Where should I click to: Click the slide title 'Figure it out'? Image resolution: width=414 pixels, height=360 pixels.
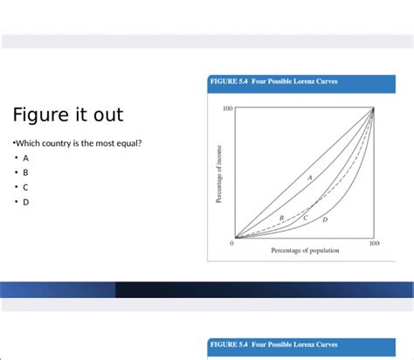pyautogui.click(x=68, y=114)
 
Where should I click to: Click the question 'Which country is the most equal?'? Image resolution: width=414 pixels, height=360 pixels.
pyautogui.click(x=78, y=142)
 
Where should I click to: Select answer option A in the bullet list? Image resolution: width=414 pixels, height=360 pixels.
pyautogui.click(x=26, y=158)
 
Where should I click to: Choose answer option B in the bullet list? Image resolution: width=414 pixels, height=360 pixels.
pyautogui.click(x=26, y=173)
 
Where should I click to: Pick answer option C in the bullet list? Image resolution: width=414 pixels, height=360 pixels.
pyautogui.click(x=26, y=187)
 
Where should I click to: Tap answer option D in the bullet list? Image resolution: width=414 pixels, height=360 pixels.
pyautogui.click(x=26, y=202)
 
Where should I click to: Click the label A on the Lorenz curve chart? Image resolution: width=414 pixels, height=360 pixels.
pyautogui.click(x=309, y=177)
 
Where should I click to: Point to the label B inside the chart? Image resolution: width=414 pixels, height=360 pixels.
pyautogui.click(x=281, y=217)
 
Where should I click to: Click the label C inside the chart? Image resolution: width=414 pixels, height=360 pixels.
pyautogui.click(x=306, y=217)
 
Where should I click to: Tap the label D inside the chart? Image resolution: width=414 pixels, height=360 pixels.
pyautogui.click(x=325, y=220)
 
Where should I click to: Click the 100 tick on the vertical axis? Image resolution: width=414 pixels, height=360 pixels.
pyautogui.click(x=227, y=109)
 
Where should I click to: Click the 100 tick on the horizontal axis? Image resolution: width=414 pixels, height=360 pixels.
pyautogui.click(x=374, y=244)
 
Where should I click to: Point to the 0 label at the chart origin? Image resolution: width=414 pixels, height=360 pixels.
pyautogui.click(x=231, y=244)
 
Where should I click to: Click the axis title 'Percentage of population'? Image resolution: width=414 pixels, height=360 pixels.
pyautogui.click(x=305, y=251)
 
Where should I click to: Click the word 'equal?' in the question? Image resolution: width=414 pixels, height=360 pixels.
pyautogui.click(x=127, y=142)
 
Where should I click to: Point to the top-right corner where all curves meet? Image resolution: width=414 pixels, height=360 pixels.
pyautogui.click(x=374, y=108)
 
